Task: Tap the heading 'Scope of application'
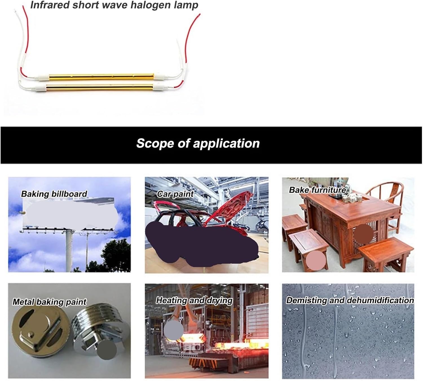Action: [x=198, y=143]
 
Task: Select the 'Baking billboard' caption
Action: [x=54, y=194]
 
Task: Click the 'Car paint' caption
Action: [x=175, y=194]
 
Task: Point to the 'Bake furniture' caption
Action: [x=317, y=190]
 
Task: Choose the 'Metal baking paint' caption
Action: [x=49, y=302]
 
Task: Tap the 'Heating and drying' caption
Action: [x=194, y=300]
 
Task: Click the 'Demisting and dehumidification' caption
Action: [x=350, y=300]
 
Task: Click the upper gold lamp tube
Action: [x=102, y=76]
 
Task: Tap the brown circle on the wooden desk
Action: [x=363, y=234]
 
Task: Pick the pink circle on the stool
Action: [x=316, y=260]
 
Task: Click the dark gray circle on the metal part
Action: [x=107, y=350]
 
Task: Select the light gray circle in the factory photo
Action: [x=173, y=330]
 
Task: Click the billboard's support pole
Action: [x=69, y=251]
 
